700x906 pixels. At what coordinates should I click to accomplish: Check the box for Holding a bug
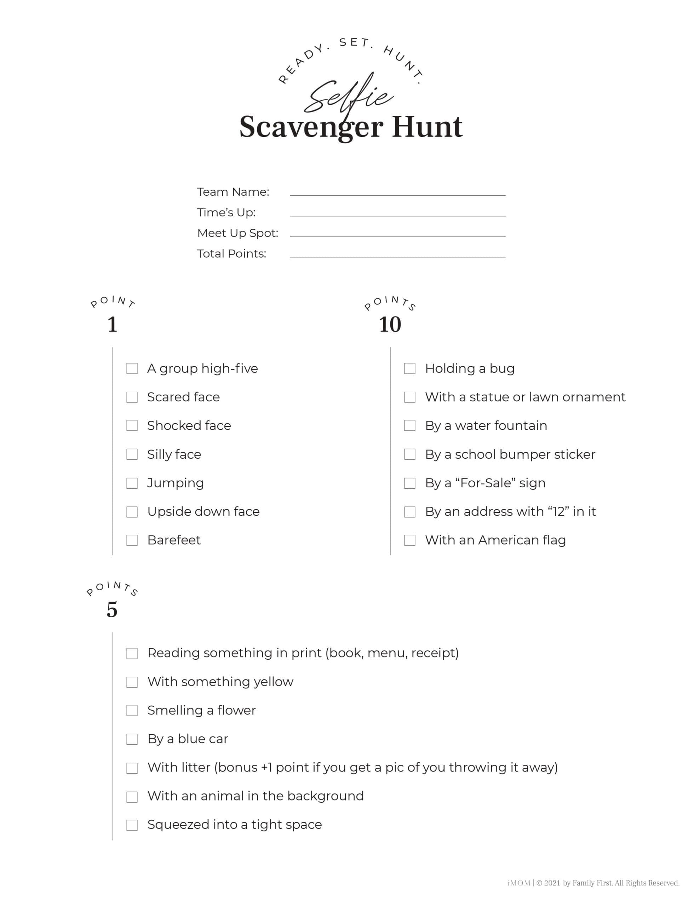pyautogui.click(x=409, y=368)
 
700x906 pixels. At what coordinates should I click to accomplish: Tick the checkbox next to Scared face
pyautogui.click(x=132, y=397)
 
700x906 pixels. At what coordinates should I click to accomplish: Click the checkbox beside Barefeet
pyautogui.click(x=132, y=540)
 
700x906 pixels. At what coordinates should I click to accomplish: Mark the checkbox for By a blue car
pyautogui.click(x=132, y=739)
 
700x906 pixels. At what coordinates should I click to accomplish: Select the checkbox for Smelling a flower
pyautogui.click(x=132, y=711)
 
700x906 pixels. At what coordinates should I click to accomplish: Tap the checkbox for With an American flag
pyautogui.click(x=409, y=540)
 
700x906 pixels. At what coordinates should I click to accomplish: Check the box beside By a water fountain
pyautogui.click(x=409, y=426)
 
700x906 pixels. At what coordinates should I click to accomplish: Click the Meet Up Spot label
pyautogui.click(x=237, y=233)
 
